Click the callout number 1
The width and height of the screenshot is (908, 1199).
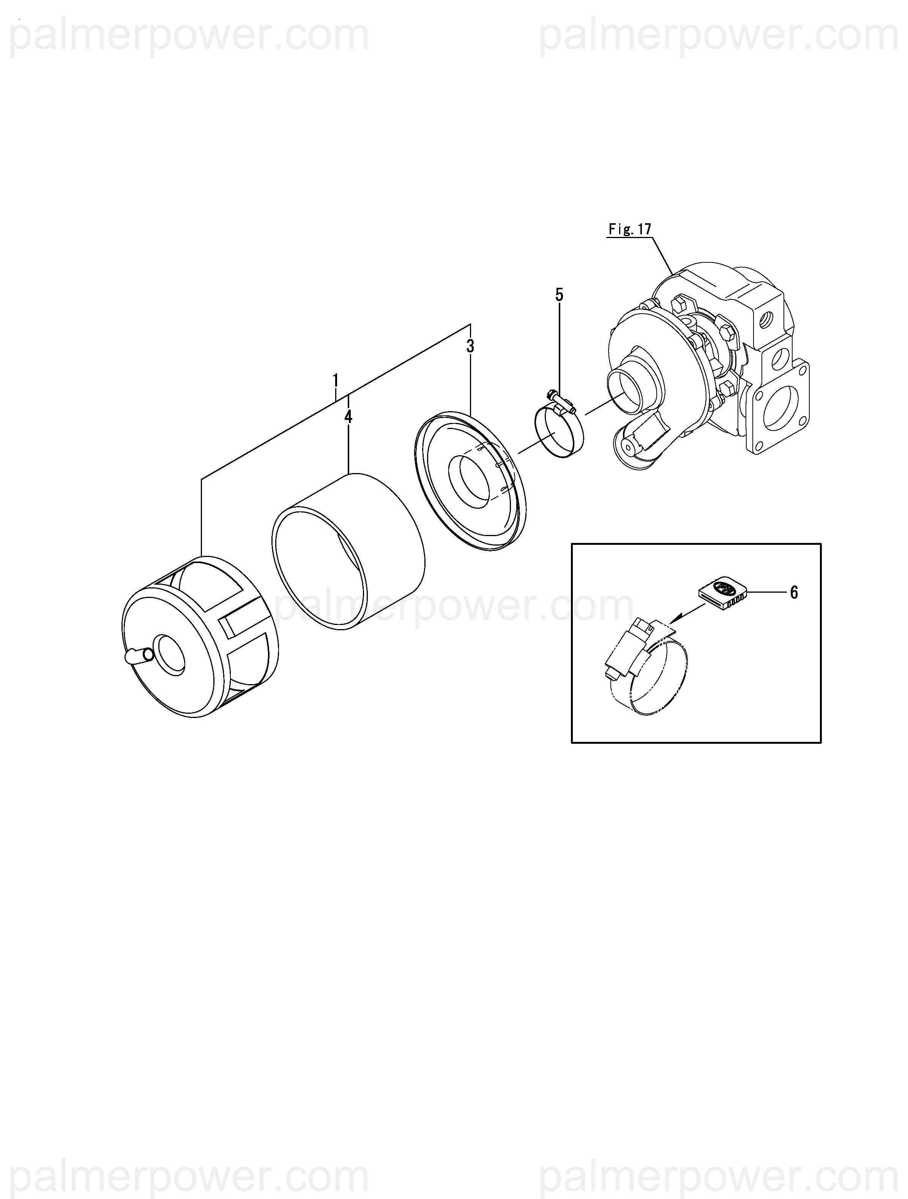click(x=336, y=380)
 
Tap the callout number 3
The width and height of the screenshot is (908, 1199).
click(x=470, y=346)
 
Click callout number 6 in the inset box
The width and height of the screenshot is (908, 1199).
click(x=794, y=592)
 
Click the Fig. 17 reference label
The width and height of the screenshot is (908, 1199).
click(x=629, y=229)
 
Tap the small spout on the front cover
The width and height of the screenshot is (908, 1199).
click(x=136, y=656)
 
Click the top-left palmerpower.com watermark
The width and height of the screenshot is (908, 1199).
click(x=190, y=36)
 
